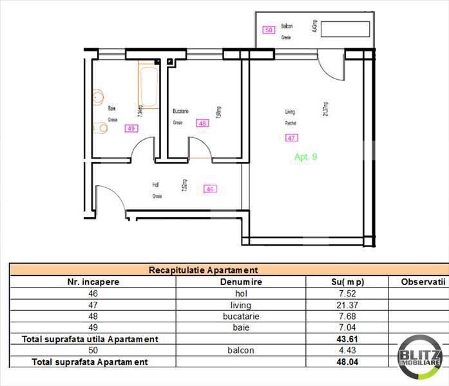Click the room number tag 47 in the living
[292, 137]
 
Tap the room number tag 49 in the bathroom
[131, 128]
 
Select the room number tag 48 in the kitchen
[203, 124]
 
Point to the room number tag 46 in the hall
[210, 188]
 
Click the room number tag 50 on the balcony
[269, 30]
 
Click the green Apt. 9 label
[305, 156]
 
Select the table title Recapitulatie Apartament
[203, 270]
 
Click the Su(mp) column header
[343, 282]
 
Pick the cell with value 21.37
[344, 305]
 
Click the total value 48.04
[344, 362]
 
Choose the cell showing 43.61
[344, 339]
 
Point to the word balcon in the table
[240, 351]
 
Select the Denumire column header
[240, 282]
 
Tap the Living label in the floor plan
[291, 112]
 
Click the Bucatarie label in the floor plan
[180, 111]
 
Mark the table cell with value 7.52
[344, 293]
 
